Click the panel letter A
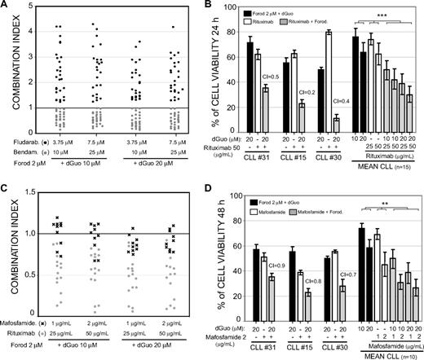pos(6,7)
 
